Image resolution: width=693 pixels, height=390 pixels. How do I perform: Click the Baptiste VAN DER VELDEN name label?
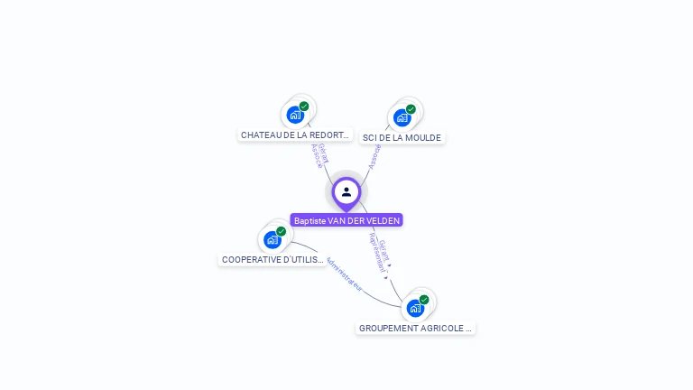click(346, 220)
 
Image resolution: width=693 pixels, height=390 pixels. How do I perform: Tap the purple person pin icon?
click(346, 192)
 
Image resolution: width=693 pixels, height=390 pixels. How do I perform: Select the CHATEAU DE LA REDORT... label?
click(294, 135)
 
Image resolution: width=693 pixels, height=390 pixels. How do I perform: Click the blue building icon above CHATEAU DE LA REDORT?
click(294, 115)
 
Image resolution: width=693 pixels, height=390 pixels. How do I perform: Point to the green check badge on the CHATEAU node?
click(304, 107)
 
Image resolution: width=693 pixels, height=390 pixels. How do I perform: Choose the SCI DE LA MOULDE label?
click(402, 138)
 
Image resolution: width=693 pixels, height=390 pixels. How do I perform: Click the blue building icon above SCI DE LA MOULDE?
click(402, 117)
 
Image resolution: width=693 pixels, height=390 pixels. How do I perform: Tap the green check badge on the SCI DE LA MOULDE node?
click(411, 109)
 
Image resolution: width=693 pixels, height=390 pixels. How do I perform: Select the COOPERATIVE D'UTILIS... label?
click(273, 260)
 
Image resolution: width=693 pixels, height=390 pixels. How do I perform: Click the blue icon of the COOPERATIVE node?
click(273, 240)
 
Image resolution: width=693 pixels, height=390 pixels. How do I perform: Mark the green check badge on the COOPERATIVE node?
click(282, 231)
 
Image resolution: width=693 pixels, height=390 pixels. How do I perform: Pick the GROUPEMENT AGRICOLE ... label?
click(415, 329)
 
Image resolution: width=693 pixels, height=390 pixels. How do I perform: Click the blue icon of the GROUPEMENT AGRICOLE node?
click(415, 308)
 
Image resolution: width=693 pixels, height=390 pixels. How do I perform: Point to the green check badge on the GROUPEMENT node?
click(424, 300)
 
